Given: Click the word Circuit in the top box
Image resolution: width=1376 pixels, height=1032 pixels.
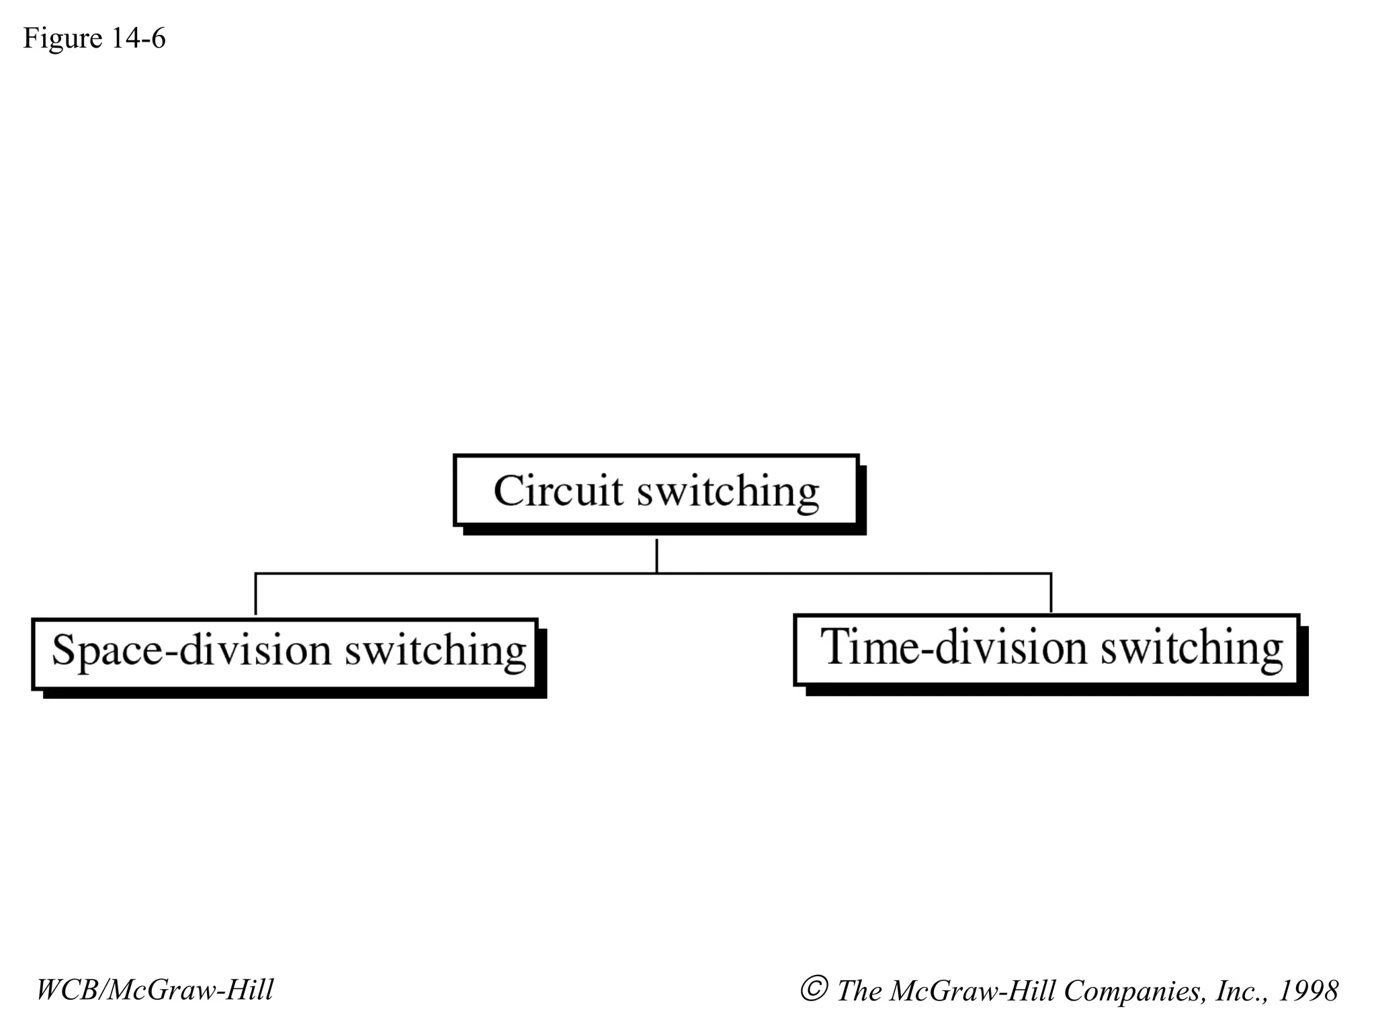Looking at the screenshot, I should coord(558,490).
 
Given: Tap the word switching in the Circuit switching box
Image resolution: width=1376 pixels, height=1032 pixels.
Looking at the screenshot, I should coord(728,493).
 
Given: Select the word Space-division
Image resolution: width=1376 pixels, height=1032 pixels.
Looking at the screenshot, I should coord(191,650).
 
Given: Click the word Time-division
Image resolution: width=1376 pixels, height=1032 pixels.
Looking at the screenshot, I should coord(953,648).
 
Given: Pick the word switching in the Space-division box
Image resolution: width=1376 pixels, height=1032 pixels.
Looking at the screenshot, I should coord(435,652).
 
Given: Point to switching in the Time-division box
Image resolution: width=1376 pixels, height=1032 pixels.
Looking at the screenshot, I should coord(1191,649).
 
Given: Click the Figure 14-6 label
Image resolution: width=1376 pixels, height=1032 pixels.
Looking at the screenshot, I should coord(94,38).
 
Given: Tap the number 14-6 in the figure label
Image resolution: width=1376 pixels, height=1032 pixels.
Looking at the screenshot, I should coord(138,38).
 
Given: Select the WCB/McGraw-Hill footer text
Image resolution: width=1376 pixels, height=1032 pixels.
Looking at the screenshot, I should coord(155,990).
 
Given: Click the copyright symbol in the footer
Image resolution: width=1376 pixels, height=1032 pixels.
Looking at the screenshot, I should coord(814,990).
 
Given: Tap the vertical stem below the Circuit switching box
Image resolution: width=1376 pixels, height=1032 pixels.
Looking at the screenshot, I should coord(656,555).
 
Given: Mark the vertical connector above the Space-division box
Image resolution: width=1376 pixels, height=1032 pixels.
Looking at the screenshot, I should coord(255,594).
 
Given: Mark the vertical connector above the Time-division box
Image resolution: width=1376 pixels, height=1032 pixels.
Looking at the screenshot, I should coord(1051,593).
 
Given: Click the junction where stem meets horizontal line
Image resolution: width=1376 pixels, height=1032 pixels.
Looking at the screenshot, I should coord(656,573).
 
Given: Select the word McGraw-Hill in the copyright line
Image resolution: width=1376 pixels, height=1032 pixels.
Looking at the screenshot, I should coord(972,991).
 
